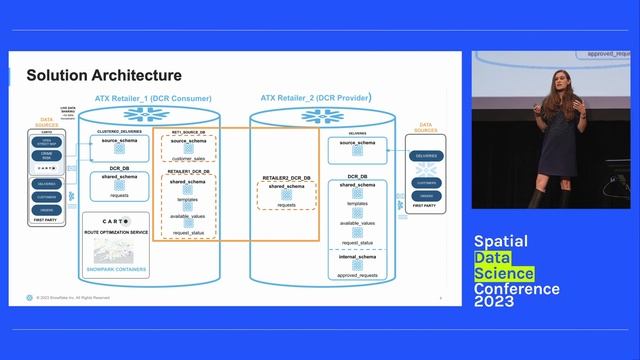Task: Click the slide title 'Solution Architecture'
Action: click(x=104, y=75)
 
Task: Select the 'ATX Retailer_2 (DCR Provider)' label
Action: click(x=316, y=98)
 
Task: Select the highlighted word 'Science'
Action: click(x=506, y=273)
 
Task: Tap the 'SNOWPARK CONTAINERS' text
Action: click(x=115, y=270)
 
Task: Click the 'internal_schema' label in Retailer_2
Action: click(x=356, y=257)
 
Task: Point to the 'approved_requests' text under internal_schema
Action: click(x=356, y=274)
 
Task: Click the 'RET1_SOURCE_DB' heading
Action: click(x=188, y=131)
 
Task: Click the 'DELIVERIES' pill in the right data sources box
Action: click(x=427, y=155)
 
